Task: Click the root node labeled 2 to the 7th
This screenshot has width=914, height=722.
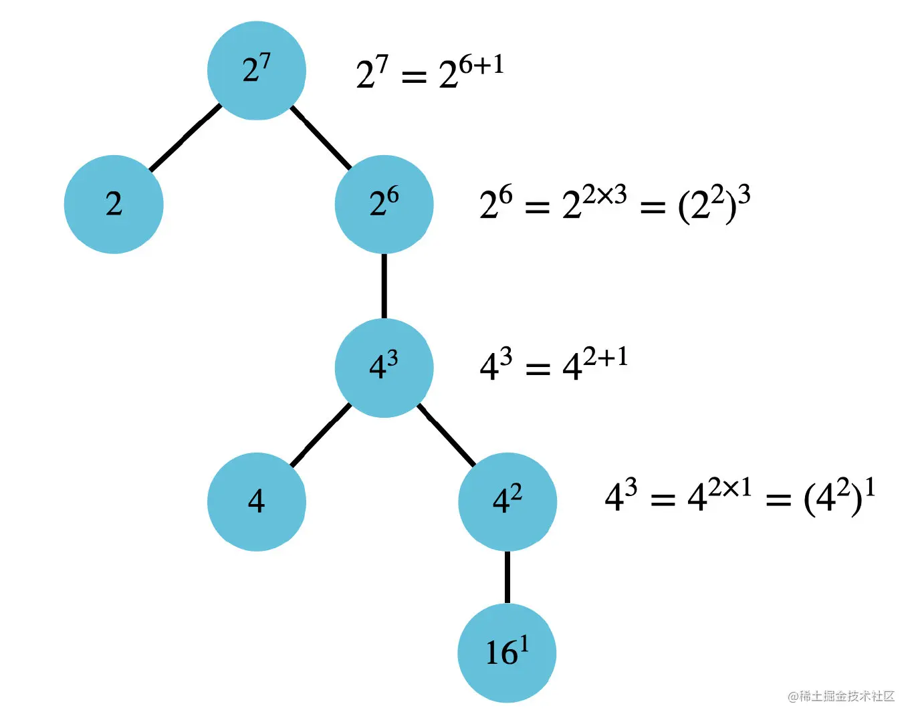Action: tap(257, 71)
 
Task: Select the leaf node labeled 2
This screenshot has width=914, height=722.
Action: tap(114, 204)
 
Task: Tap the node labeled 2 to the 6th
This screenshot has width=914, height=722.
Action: tap(384, 204)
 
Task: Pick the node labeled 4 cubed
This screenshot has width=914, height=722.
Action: tap(384, 368)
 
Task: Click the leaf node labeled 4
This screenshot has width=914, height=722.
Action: tap(257, 501)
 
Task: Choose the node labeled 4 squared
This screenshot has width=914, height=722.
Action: tap(507, 501)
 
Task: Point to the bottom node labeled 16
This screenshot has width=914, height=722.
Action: tap(507, 652)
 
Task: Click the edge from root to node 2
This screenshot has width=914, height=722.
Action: tap(185, 138)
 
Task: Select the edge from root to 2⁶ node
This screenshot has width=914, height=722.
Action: tap(321, 137)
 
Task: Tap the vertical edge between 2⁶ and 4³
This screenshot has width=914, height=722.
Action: tap(384, 286)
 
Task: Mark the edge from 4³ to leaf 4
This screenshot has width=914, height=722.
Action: tap(321, 435)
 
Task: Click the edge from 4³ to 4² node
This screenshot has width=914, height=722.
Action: tap(446, 435)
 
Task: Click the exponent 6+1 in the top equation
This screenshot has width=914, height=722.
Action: tap(481, 65)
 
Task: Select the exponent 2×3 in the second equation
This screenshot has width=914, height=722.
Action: tap(604, 195)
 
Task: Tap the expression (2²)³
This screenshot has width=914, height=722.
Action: tap(713, 204)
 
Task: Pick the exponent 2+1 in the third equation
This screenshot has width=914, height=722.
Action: tap(605, 358)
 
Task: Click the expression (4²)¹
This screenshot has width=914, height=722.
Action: tap(839, 497)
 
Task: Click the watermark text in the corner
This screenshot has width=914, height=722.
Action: tap(841, 696)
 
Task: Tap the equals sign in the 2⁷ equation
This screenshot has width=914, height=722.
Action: tap(414, 77)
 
